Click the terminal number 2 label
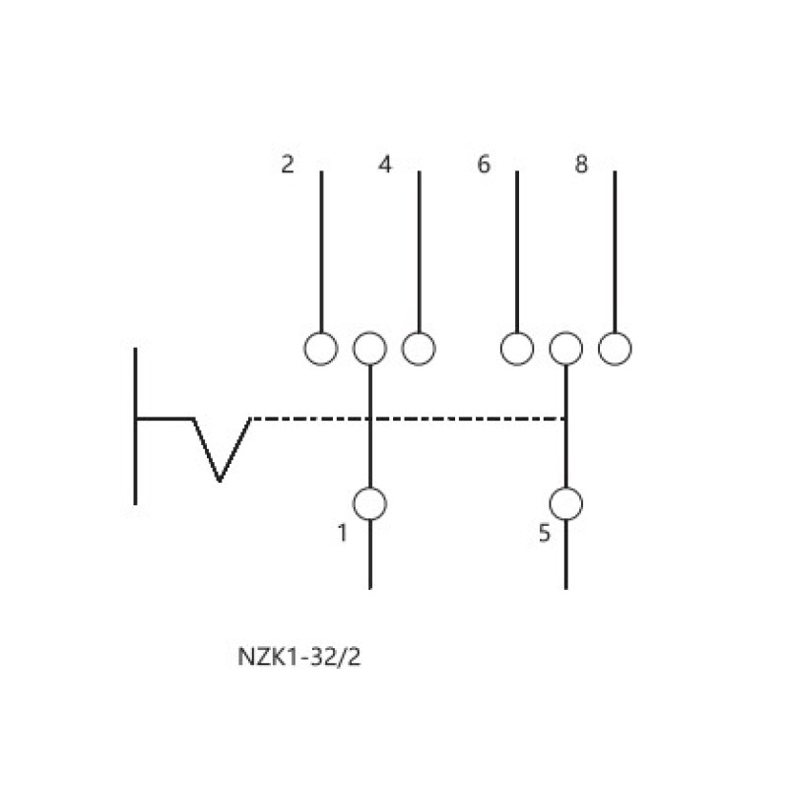tap(287, 164)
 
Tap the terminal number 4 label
tap(385, 164)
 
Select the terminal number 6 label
tap(484, 164)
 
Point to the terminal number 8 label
tap(581, 164)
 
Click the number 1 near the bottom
tap(342, 533)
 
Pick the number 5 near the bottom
tap(545, 533)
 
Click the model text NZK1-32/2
tap(299, 657)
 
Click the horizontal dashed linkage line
tap(408, 418)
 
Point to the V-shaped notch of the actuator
tap(220, 480)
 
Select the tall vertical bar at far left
tap(135, 427)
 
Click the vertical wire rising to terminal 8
tap(615, 251)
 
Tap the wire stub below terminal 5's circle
tap(566, 555)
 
